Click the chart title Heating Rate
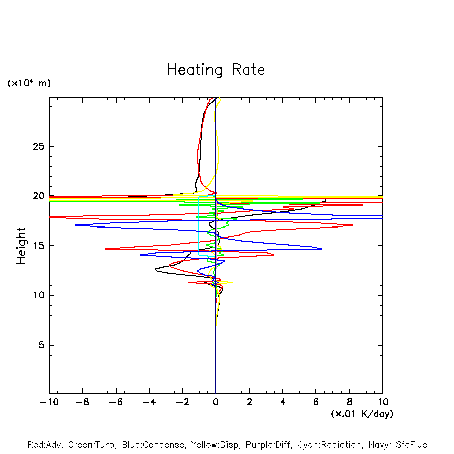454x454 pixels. pos(215,70)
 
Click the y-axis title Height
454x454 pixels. pos(21,246)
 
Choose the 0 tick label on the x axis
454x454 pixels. pos(216,402)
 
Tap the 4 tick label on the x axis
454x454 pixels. pos(283,402)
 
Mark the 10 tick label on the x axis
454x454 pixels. pos(383,402)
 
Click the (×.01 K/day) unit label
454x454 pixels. pos(362,414)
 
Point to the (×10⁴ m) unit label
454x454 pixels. pos(29,83)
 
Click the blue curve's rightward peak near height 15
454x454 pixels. pos(321,249)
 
